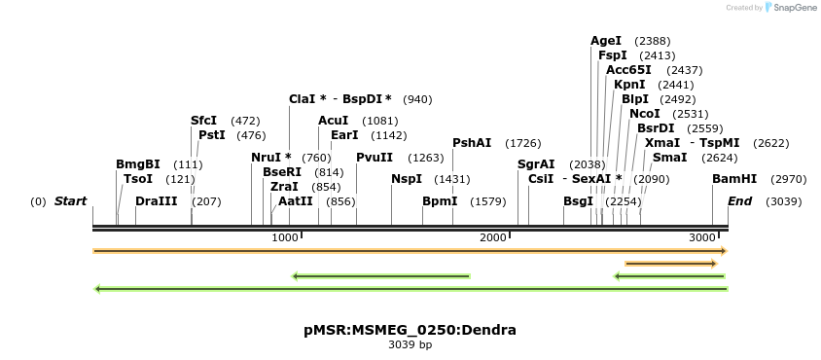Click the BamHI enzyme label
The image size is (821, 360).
pyautogui.click(x=733, y=179)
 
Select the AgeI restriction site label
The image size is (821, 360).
pyautogui.click(x=605, y=41)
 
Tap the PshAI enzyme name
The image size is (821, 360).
pyautogui.click(x=472, y=143)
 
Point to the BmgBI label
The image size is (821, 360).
pyautogui.click(x=137, y=164)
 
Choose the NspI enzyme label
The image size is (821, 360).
pyautogui.click(x=407, y=179)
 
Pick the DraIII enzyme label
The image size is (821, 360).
pyautogui.click(x=157, y=201)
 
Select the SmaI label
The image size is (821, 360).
pyautogui.click(x=669, y=158)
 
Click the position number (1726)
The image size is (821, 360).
pyautogui.click(x=522, y=143)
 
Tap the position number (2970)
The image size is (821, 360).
pyautogui.click(x=788, y=179)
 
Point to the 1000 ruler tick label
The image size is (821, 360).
pyautogui.click(x=285, y=238)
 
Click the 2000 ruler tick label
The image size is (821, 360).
pyautogui.click(x=494, y=238)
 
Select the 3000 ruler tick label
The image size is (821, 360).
pyautogui.click(x=702, y=238)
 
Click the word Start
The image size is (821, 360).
pyautogui.click(x=70, y=201)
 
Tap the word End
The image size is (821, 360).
pyautogui.click(x=739, y=201)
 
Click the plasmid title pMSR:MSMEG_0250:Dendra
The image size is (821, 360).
pyautogui.click(x=410, y=330)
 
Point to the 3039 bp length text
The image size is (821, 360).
pyautogui.click(x=410, y=345)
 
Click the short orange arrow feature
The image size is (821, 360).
pyautogui.click(x=671, y=264)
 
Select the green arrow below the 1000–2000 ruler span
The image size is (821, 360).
pyautogui.click(x=381, y=276)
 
